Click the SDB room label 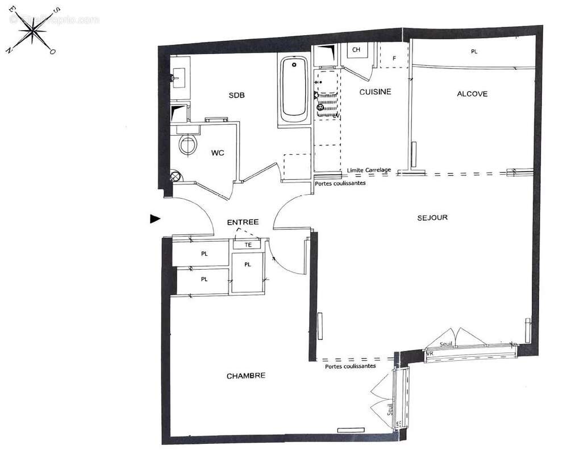pyautogui.click(x=236, y=95)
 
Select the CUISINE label pyautogui.click(x=375, y=92)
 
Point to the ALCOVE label pyautogui.click(x=472, y=94)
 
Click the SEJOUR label pyautogui.click(x=432, y=217)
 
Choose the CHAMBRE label pyautogui.click(x=245, y=376)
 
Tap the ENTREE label pyautogui.click(x=243, y=222)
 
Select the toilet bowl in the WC pyautogui.click(x=187, y=144)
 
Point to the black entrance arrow pyautogui.click(x=155, y=218)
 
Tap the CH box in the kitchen pyautogui.click(x=356, y=50)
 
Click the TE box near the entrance pyautogui.click(x=248, y=245)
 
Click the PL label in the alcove pyautogui.click(x=474, y=52)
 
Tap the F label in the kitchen pyautogui.click(x=396, y=58)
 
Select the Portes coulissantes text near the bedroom pyautogui.click(x=350, y=366)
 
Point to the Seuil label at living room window pyautogui.click(x=447, y=344)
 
